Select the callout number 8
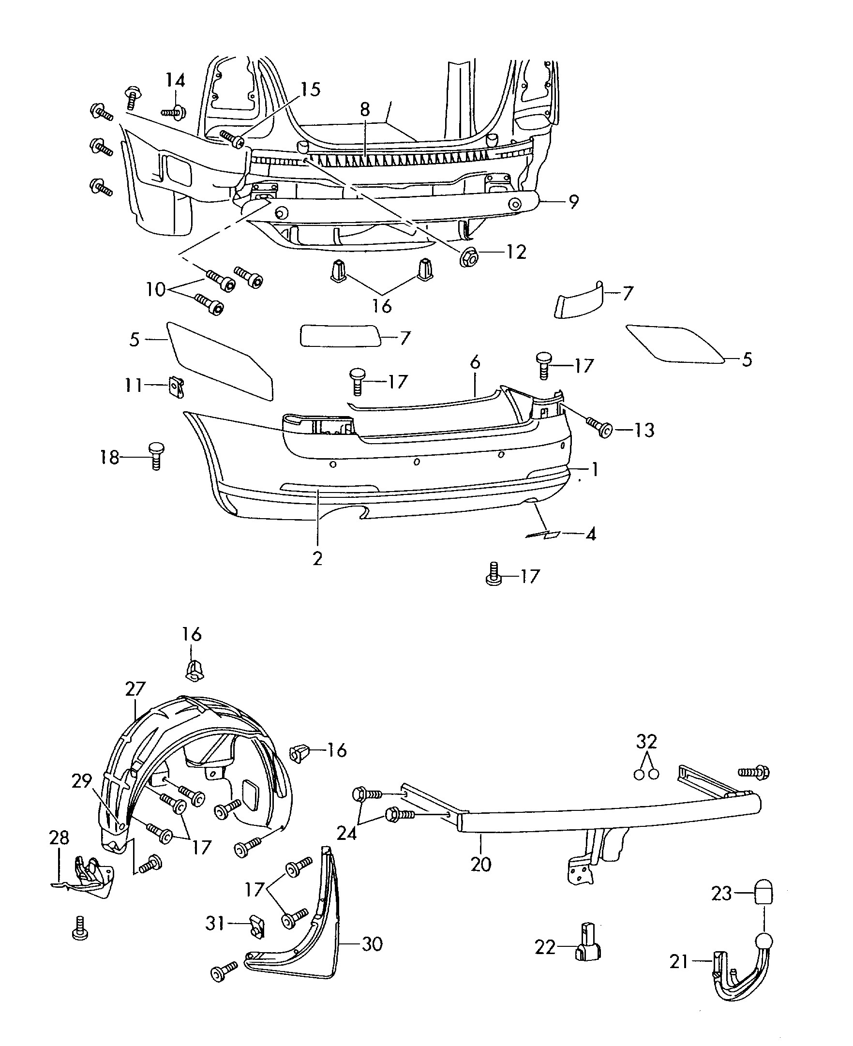pos(365,109)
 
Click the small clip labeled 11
pos(177,386)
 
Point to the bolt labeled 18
pos(156,455)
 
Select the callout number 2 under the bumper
pos(317,559)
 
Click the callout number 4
pos(591,534)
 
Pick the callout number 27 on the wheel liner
pos(135,689)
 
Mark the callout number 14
pos(175,80)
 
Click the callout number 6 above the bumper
pos(475,362)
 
